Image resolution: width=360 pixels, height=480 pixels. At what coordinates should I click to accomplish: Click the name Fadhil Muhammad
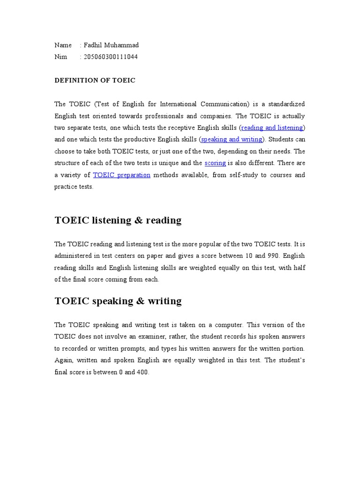click(111, 45)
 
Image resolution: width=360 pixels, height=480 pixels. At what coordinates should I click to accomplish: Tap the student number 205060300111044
click(111, 57)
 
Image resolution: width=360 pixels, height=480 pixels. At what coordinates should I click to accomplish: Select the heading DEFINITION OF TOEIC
click(95, 81)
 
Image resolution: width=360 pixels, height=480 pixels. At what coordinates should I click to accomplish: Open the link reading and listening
click(272, 127)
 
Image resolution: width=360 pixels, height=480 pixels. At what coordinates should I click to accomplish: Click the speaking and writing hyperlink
click(232, 139)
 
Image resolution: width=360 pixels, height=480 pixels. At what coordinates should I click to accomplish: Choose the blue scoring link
click(216, 163)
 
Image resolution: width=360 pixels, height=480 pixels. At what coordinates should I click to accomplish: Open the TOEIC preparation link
click(122, 175)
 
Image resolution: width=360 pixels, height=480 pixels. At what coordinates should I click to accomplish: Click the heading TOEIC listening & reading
click(118, 220)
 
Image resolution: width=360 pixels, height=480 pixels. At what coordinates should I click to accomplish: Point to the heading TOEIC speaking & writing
click(118, 301)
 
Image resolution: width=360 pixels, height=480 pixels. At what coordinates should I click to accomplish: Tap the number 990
click(274, 256)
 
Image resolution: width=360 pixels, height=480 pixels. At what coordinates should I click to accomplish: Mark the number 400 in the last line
click(142, 373)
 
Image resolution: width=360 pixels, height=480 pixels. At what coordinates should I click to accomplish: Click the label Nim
click(60, 57)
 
